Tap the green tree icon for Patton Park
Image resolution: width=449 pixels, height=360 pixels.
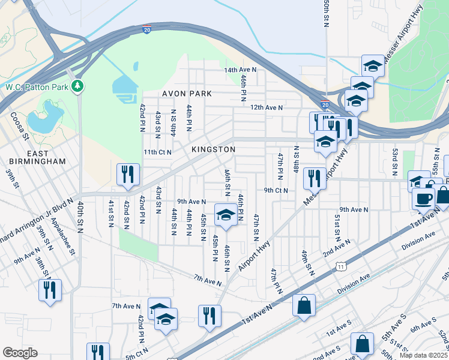[x=77, y=88]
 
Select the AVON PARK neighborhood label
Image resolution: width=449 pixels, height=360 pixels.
[x=187, y=94]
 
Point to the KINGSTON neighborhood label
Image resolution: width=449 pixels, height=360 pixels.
[x=213, y=149]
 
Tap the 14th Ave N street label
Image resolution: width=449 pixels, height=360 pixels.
[x=240, y=70]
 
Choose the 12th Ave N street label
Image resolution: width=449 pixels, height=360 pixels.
[x=266, y=107]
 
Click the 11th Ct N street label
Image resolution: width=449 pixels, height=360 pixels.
[x=158, y=152]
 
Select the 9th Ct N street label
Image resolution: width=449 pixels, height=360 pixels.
[x=276, y=191]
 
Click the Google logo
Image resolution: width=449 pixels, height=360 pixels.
[x=20, y=352]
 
